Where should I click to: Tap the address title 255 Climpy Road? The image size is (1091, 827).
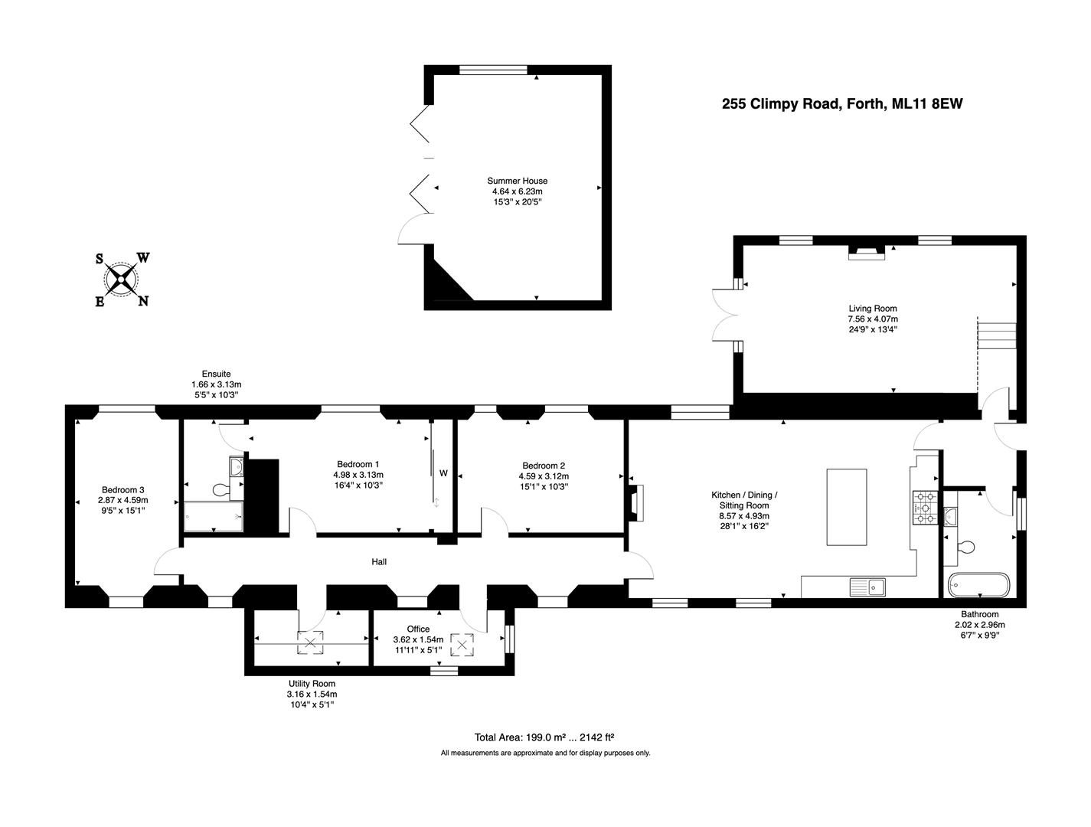(x=842, y=104)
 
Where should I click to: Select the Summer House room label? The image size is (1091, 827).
(x=518, y=181)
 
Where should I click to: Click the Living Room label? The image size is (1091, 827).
(x=872, y=309)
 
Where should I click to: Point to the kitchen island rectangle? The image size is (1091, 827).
(x=847, y=507)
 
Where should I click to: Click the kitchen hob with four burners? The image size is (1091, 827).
(x=926, y=507)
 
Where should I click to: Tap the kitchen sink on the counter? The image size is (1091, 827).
(x=867, y=587)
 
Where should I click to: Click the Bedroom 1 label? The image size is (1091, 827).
(x=358, y=464)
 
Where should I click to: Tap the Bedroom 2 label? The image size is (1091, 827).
(x=544, y=466)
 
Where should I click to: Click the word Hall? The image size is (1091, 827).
(x=379, y=562)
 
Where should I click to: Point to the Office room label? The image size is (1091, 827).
(x=418, y=629)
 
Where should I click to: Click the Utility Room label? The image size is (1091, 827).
(x=312, y=684)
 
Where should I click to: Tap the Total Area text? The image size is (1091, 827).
(x=544, y=737)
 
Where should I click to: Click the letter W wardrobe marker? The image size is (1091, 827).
(x=443, y=473)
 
